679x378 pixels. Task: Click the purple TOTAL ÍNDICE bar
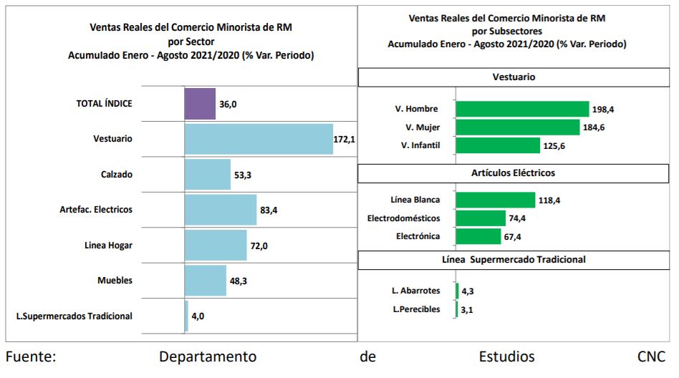point(200,104)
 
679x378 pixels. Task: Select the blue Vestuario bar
point(259,139)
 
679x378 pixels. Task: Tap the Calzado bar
point(208,174)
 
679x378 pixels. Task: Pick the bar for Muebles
point(206,280)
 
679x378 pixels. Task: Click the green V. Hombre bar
point(522,109)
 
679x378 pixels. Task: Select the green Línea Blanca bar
point(496,200)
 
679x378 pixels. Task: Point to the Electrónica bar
point(478,236)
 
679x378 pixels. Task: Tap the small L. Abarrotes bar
point(457,291)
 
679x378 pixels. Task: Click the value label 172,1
point(345,139)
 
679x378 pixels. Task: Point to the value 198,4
point(602,110)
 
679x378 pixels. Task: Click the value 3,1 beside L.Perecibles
point(468,309)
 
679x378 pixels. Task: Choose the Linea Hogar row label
point(108,245)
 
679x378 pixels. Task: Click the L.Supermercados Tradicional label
point(74,315)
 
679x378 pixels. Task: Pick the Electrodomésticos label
point(404,218)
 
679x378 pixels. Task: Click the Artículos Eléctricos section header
point(514,173)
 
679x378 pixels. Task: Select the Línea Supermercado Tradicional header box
point(514,259)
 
